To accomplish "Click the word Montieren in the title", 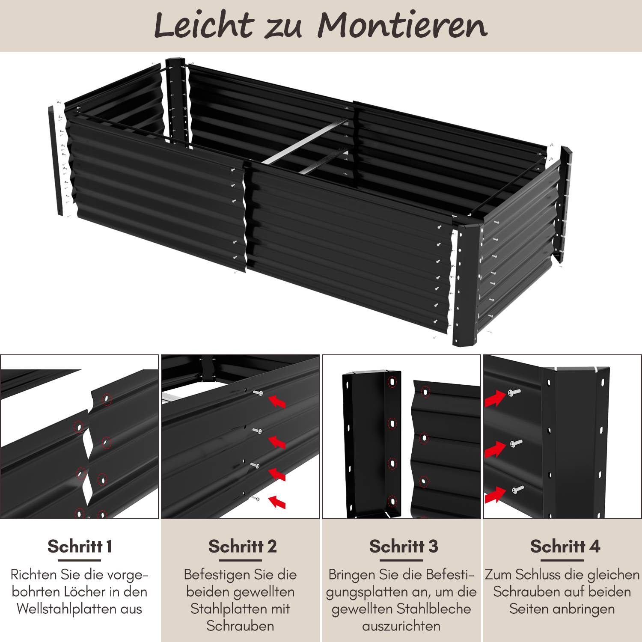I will (402, 26).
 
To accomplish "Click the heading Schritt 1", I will (80, 547).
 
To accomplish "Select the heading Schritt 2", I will (243, 547).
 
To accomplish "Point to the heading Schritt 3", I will (404, 547).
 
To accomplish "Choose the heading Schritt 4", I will (565, 547).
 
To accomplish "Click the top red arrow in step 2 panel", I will (277, 401).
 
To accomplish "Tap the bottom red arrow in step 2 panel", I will (277, 501).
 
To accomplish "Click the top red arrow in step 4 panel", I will (494, 399).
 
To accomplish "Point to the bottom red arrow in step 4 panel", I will (494, 495).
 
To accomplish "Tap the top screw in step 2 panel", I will (258, 392).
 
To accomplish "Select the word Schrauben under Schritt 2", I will (240, 626).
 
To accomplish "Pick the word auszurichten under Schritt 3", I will (401, 626).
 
